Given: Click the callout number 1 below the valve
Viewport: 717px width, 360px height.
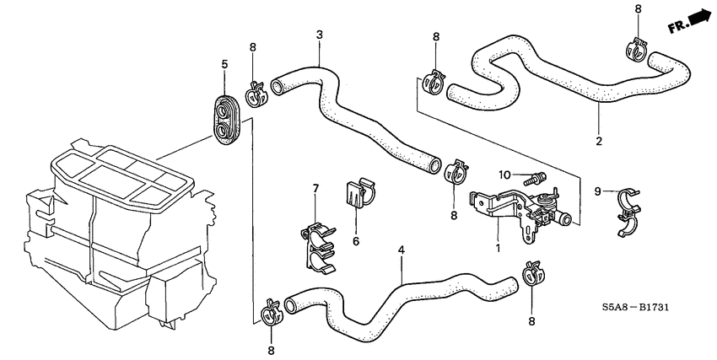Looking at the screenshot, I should [x=498, y=249].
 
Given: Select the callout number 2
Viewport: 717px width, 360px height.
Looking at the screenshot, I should [x=599, y=141].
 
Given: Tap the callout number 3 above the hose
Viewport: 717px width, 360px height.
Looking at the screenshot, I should [x=320, y=35].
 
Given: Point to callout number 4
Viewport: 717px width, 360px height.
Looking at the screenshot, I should [x=402, y=251].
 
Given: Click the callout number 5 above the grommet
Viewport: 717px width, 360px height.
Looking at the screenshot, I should [x=224, y=64].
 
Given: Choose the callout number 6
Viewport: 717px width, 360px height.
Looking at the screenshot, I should [x=355, y=240].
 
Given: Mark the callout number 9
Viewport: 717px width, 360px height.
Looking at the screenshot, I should [x=598, y=191].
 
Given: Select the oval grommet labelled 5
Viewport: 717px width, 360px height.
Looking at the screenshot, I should [x=225, y=118].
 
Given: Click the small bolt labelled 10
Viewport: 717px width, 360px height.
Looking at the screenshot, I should [x=535, y=178].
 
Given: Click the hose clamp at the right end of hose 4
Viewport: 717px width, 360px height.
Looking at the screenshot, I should [x=532, y=273].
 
